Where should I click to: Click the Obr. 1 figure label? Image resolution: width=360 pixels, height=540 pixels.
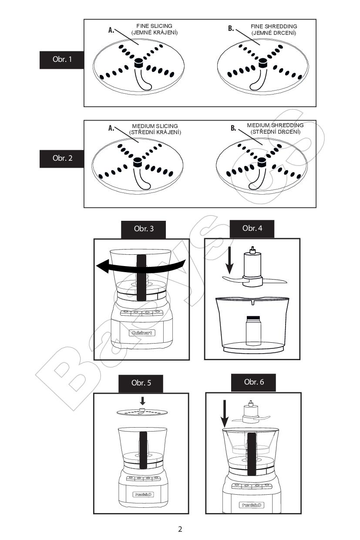coord(62,60)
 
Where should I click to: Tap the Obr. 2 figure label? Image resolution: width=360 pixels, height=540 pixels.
coord(62,159)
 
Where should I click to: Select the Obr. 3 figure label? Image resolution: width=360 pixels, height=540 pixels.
coord(143,229)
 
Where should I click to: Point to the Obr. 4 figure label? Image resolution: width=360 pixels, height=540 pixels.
coord(252,229)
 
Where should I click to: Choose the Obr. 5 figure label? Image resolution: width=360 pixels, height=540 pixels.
coord(141,383)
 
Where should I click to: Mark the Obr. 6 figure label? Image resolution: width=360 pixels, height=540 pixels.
coord(253,382)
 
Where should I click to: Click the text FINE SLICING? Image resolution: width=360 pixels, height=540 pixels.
coord(154,26)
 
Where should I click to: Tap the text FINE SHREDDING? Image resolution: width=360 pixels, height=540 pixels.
coord(274,26)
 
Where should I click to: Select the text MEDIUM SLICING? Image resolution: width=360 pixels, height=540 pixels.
coord(155,126)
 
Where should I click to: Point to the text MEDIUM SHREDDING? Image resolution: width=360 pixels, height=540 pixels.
coord(275,125)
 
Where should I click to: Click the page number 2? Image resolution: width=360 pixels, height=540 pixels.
coord(180,529)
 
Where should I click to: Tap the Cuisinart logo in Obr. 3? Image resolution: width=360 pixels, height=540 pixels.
coord(141,333)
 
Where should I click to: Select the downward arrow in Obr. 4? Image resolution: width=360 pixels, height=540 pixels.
coord(229,260)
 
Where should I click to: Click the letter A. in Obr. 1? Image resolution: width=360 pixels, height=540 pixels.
coord(111,30)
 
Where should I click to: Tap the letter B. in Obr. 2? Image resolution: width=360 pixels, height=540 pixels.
coord(233,128)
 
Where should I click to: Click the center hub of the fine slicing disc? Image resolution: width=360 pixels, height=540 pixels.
coord(138,63)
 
